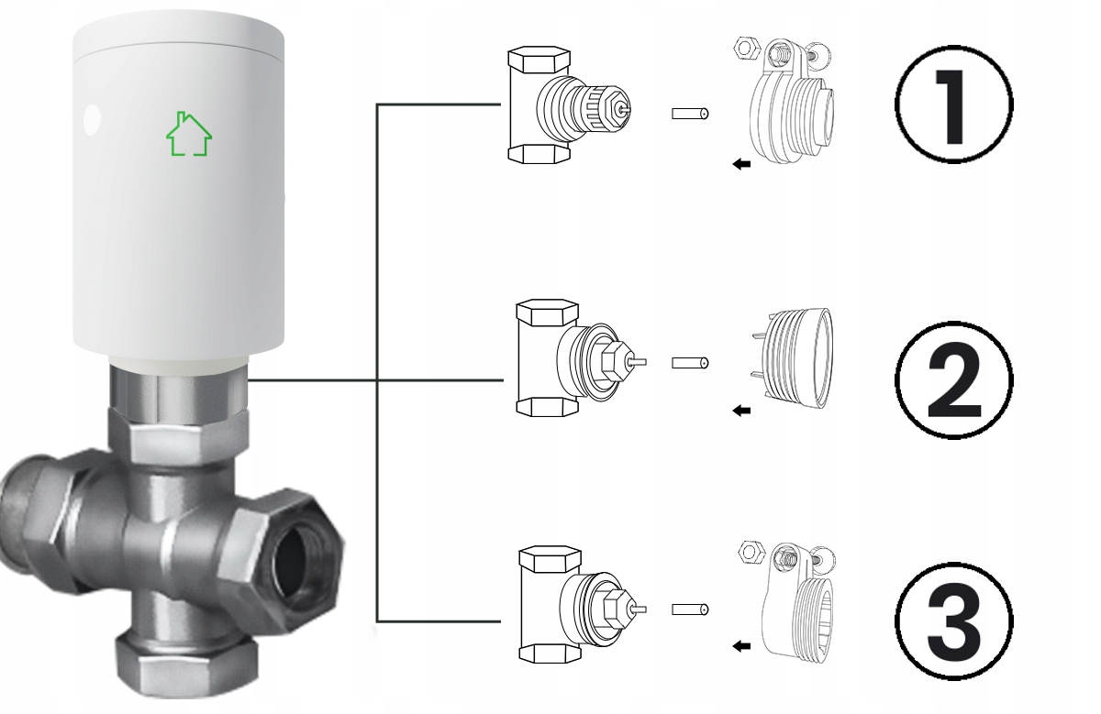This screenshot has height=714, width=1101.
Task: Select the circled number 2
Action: point(953,378)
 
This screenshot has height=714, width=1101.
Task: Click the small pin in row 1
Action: point(690,115)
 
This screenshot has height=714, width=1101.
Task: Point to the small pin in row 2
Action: point(690,363)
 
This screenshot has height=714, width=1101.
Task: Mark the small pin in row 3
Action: point(690,610)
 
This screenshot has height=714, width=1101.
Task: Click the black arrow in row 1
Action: point(741,164)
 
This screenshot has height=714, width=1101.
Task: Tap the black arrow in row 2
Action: point(741,411)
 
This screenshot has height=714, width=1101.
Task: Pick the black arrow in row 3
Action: point(741,647)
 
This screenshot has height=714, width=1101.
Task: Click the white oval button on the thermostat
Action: point(91,119)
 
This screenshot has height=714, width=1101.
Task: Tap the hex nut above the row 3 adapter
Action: point(751,552)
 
